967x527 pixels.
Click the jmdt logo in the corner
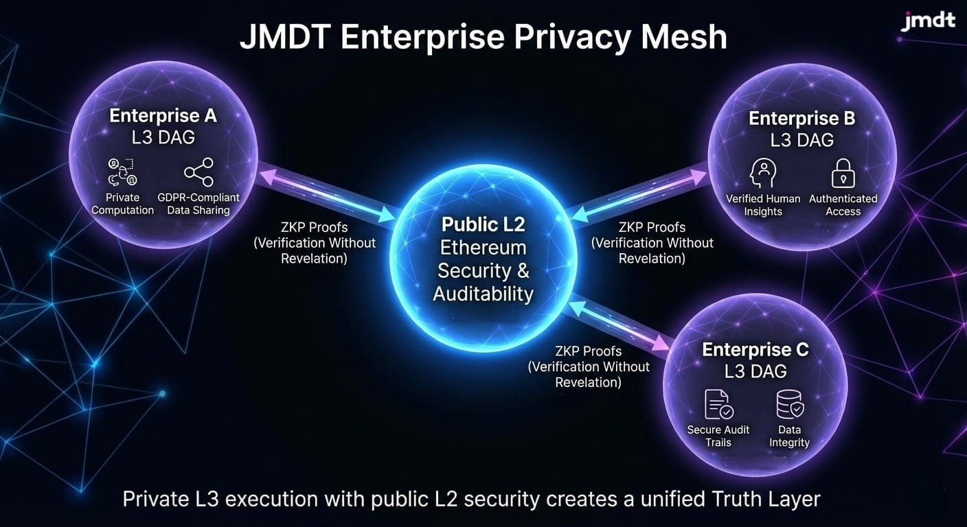(x=927, y=20)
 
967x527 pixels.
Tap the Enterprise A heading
(x=163, y=115)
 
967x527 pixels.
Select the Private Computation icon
(x=122, y=172)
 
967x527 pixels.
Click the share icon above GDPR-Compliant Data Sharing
(x=198, y=172)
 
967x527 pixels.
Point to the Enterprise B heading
(x=801, y=118)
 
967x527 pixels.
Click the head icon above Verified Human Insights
(x=763, y=173)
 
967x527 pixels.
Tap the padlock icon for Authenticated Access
(x=843, y=173)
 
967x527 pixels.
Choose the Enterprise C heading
(x=755, y=349)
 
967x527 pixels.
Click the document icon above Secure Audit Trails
(x=718, y=404)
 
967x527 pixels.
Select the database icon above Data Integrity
(x=789, y=404)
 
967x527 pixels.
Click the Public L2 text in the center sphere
(x=483, y=224)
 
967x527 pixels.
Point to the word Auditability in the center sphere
(x=483, y=294)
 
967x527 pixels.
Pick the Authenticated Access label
(x=843, y=204)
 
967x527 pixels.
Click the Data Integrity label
(x=789, y=436)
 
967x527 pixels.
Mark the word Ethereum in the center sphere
(x=483, y=247)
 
